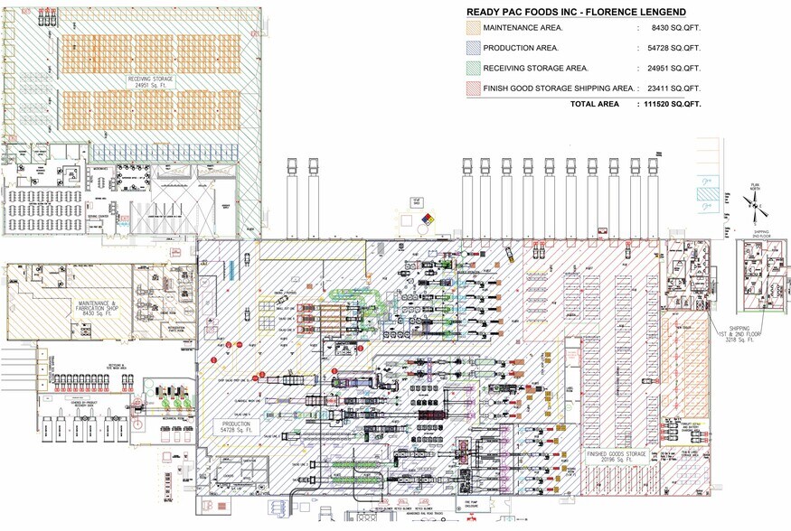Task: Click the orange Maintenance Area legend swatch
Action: tap(472, 28)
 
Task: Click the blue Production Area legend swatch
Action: tap(472, 47)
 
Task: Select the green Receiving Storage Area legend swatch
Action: tap(472, 68)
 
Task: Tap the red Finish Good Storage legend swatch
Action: tap(472, 88)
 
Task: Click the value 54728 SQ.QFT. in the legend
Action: tap(675, 47)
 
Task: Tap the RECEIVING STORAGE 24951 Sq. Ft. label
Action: tap(149, 82)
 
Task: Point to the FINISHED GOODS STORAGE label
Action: tap(617, 455)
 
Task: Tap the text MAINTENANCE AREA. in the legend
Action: tap(522, 28)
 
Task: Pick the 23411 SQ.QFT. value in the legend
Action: tap(675, 88)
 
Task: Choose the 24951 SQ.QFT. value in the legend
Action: tap(675, 68)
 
